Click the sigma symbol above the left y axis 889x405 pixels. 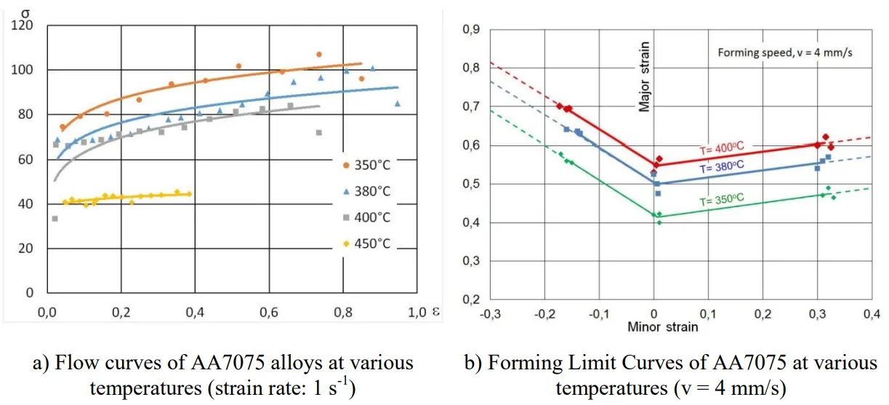click(27, 10)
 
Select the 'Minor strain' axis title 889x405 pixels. click(662, 326)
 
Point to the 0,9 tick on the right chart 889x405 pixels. click(472, 30)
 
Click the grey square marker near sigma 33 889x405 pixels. click(55, 219)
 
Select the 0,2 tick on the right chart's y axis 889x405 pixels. click(472, 299)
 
